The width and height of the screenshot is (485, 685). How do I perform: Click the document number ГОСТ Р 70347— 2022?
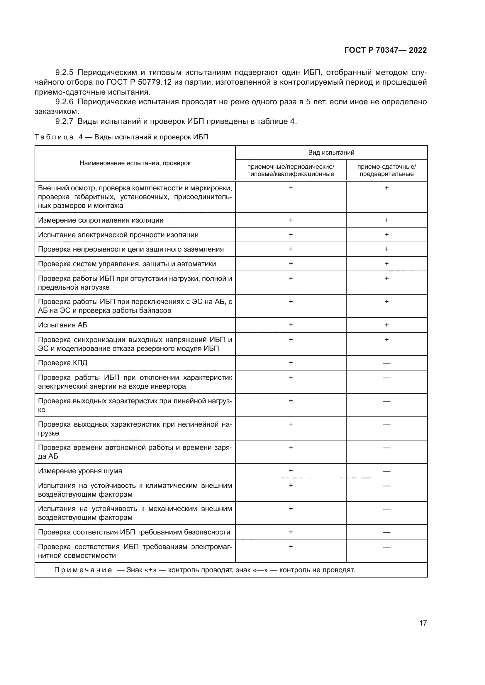[386, 50]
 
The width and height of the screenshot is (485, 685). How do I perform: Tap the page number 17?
[423, 623]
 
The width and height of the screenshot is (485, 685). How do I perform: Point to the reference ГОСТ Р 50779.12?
[139, 82]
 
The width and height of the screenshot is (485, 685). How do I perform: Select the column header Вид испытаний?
[331, 153]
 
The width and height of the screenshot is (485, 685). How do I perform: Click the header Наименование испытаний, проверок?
[135, 163]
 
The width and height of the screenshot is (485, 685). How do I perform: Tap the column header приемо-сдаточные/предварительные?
[386, 170]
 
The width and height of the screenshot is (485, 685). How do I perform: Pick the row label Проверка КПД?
[63, 363]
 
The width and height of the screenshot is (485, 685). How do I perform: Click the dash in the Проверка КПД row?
[386, 363]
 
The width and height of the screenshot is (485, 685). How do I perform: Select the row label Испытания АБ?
[63, 325]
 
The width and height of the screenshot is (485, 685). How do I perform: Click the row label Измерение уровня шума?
[80, 471]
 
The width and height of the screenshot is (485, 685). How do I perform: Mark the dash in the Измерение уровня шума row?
[386, 472]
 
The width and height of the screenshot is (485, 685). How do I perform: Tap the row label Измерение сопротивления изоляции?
[101, 221]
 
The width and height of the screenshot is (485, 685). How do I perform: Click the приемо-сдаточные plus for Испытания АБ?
[386, 325]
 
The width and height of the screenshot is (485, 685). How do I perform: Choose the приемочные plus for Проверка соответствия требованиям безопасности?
[291, 532]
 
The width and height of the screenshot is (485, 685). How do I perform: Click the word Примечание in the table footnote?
[83, 570]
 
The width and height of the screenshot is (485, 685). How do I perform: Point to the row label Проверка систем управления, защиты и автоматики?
[127, 264]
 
